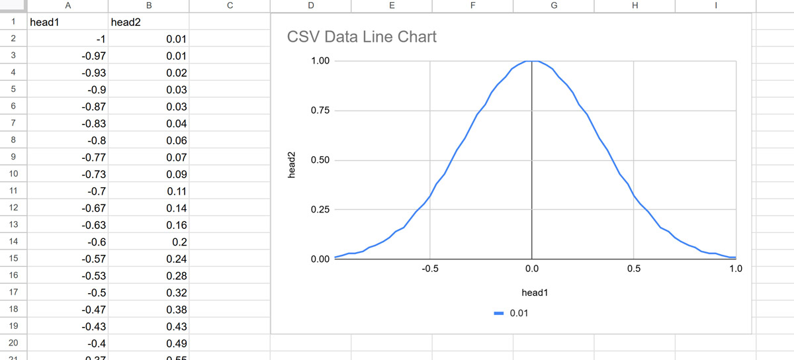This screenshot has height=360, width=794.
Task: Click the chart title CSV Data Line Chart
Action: [x=361, y=37]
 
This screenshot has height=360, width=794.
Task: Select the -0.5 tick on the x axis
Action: [x=430, y=269]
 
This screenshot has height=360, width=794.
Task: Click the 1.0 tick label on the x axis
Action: [x=736, y=269]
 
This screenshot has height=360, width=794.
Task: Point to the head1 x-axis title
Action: [x=535, y=292]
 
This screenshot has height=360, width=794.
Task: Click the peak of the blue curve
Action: [x=532, y=61]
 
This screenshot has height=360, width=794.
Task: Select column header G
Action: [x=553, y=5]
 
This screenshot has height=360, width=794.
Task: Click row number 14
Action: [x=13, y=242]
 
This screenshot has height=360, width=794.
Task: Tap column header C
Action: [x=230, y=5]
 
